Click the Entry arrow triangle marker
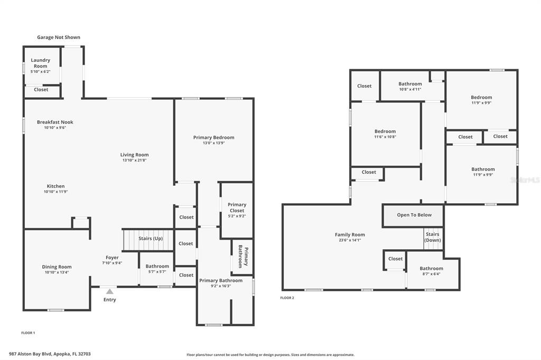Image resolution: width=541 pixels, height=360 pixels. (x=110, y=291)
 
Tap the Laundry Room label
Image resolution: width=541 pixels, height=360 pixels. (x=40, y=63)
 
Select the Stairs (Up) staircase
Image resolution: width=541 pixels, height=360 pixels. (x=148, y=240)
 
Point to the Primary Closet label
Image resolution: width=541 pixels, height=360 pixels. (x=237, y=207)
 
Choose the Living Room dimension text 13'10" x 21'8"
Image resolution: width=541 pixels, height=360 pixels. (x=135, y=160)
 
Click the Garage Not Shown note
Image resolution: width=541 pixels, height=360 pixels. (x=59, y=37)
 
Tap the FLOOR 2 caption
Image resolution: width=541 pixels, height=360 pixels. (x=287, y=298)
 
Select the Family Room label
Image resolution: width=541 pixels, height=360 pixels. (x=350, y=234)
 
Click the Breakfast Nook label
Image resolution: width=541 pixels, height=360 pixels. (x=55, y=122)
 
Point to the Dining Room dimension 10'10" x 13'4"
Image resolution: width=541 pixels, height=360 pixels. (x=57, y=272)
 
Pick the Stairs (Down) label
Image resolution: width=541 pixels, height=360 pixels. (x=433, y=237)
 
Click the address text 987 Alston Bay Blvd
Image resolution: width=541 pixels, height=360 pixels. (x=30, y=354)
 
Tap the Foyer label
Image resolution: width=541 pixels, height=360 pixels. (x=112, y=258)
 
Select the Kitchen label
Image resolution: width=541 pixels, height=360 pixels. (x=56, y=186)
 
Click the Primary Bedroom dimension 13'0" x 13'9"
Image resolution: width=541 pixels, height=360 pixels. (x=214, y=143)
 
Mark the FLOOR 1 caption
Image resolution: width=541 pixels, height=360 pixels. (x=29, y=333)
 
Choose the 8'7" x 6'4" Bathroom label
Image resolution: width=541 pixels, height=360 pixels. (x=431, y=271)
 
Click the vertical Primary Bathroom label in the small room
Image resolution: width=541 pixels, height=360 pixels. (x=243, y=257)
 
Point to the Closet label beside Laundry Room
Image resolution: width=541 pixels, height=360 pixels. (x=41, y=90)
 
